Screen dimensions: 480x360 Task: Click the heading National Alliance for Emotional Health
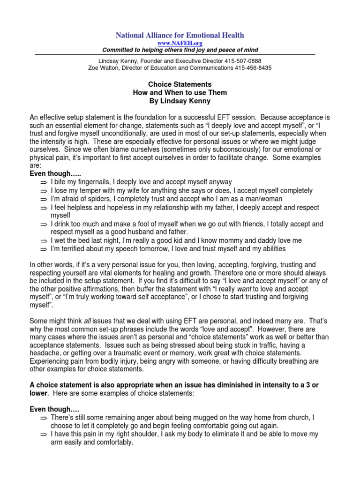coord(180,35)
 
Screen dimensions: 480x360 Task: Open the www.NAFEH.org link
coord(180,43)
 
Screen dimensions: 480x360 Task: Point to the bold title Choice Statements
coord(180,85)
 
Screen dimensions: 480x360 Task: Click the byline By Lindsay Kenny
coord(180,101)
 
